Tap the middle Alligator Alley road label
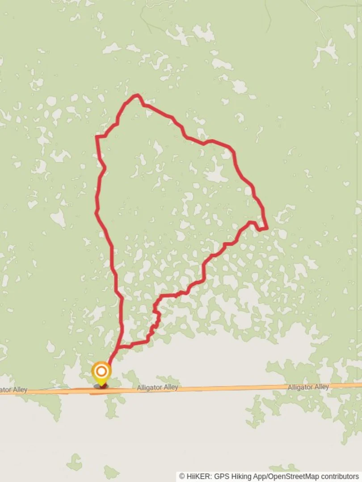click(x=158, y=388)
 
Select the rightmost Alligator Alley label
click(x=308, y=387)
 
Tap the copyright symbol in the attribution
click(x=182, y=477)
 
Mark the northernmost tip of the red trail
click(x=137, y=95)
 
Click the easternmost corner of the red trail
click(x=267, y=228)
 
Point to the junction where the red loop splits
click(x=119, y=346)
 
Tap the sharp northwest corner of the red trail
click(x=97, y=137)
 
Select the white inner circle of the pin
click(x=101, y=371)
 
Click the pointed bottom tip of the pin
click(x=101, y=384)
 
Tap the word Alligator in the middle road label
click(x=149, y=388)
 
